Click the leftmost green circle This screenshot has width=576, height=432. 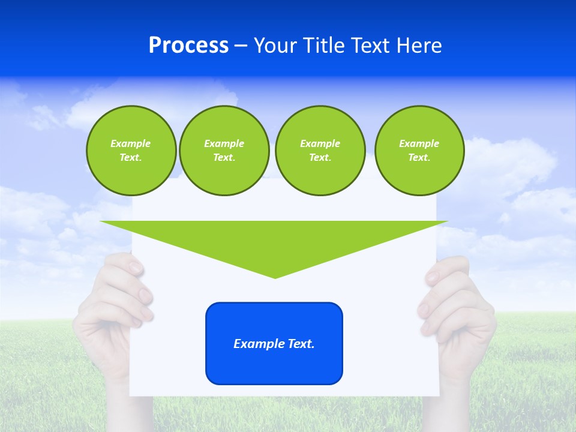pyautogui.click(x=131, y=151)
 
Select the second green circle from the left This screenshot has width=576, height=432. pyautogui.click(x=224, y=151)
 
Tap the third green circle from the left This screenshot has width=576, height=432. pyautogui.click(x=320, y=151)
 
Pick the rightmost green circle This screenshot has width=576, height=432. pyautogui.click(x=419, y=151)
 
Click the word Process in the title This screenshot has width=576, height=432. pyautogui.click(x=188, y=46)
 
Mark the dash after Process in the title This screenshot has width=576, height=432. pyautogui.click(x=241, y=46)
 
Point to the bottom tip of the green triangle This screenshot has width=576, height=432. pyautogui.click(x=275, y=277)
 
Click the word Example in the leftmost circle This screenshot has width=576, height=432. pyautogui.click(x=131, y=143)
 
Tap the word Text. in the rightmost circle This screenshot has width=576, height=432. pyautogui.click(x=419, y=158)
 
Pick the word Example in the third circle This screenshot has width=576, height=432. pyautogui.click(x=320, y=143)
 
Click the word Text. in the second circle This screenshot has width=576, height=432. pyautogui.click(x=224, y=158)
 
